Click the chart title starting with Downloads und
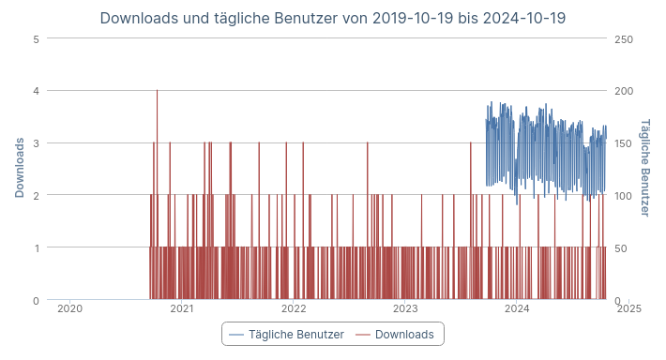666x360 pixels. point(332,18)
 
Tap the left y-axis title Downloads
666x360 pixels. point(20,168)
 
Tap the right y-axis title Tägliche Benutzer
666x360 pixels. point(644,168)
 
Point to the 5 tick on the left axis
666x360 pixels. point(36,38)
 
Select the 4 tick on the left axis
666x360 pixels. point(36,91)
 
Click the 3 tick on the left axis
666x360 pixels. point(36,143)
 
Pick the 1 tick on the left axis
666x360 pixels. point(36,247)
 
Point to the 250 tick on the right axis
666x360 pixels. point(624,38)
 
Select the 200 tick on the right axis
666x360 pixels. point(624,91)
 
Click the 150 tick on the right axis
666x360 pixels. point(624,143)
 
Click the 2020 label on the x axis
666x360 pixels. point(69,308)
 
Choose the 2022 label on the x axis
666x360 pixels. point(294,308)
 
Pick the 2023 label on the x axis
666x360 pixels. point(405,308)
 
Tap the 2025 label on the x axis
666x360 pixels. point(629,308)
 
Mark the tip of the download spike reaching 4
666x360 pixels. point(157,91)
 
